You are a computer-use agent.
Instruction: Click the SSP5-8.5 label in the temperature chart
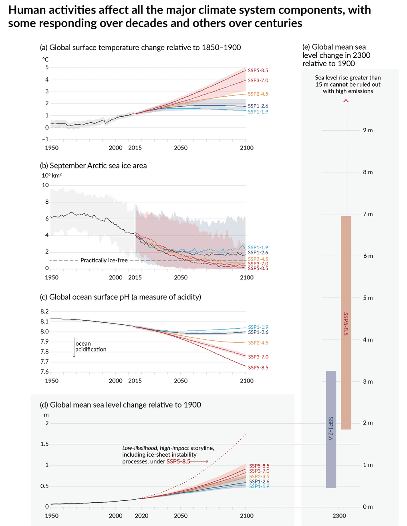coord(258,71)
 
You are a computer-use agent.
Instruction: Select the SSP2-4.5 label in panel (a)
coord(258,94)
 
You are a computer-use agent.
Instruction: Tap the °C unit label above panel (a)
coord(45,59)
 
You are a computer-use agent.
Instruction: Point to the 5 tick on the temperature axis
coord(47,67)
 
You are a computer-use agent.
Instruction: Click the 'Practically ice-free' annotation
coord(104,261)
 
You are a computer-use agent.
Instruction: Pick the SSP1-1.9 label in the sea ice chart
coord(258,247)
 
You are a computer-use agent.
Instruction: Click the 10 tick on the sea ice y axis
coord(45,185)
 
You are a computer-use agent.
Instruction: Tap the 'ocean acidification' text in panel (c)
coord(91,346)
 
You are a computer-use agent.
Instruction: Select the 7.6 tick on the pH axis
coord(44,372)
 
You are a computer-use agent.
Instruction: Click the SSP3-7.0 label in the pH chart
coord(258,357)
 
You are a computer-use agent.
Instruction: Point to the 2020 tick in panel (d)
coord(142,516)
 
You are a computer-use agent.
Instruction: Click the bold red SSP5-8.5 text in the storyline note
coord(178,461)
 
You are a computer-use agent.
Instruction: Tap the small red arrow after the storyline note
coord(201,461)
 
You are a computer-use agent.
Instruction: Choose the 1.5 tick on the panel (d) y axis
coord(44,444)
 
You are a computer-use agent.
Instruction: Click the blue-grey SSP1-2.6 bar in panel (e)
coord(331,429)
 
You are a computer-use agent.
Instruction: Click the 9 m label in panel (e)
coord(368,130)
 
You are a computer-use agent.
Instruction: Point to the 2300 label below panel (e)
coord(339,516)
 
